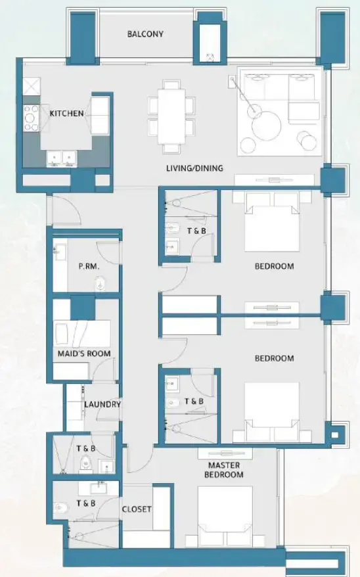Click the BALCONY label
[145, 34]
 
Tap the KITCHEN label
[66, 114]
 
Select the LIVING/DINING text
[194, 168]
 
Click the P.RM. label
[89, 267]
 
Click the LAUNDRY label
[102, 404]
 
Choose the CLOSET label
[137, 509]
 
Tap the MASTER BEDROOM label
[223, 470]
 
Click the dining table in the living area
[171, 116]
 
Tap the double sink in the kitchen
[61, 157]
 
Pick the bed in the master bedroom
[225, 516]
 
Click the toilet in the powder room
[101, 283]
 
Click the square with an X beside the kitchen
[32, 85]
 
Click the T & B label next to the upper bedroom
[195, 231]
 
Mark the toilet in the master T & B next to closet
[60, 508]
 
